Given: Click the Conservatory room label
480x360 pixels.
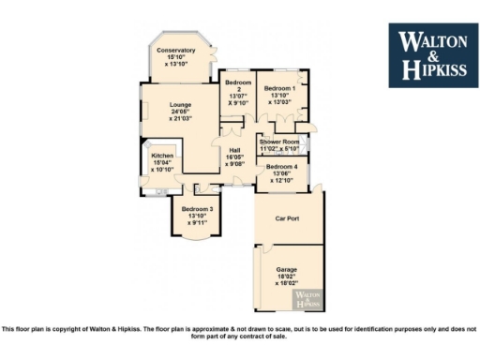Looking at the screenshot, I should [x=176, y=50].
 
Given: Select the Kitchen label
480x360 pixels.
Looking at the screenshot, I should [x=163, y=156].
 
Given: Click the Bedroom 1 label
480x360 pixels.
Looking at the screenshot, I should [x=279, y=88].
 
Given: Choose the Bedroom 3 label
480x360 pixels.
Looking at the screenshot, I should [x=197, y=208].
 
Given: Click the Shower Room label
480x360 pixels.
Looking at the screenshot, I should [x=279, y=142].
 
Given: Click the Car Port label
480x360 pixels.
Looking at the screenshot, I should [x=286, y=218].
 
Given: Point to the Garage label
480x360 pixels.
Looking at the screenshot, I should [x=286, y=269].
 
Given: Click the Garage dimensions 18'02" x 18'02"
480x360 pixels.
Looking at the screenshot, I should [x=286, y=278].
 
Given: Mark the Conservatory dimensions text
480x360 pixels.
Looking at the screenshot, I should [x=176, y=60].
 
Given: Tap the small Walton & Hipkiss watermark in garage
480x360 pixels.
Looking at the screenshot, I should [x=310, y=299].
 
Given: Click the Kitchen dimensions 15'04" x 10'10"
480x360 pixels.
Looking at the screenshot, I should [x=163, y=167].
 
